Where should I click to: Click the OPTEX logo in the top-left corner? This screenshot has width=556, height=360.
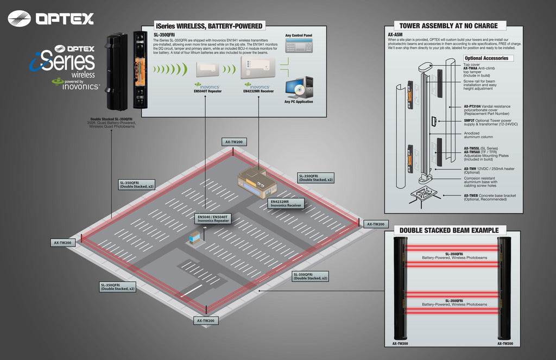click(50, 19)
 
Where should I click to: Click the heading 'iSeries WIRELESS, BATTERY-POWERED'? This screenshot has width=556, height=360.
click(209, 26)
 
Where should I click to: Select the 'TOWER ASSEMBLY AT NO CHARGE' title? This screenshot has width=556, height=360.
click(448, 26)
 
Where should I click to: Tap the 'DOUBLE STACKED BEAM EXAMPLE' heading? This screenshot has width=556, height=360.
click(448, 230)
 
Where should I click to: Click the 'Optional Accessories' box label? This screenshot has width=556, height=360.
click(486, 58)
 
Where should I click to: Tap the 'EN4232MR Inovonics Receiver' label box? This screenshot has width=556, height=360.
click(287, 204)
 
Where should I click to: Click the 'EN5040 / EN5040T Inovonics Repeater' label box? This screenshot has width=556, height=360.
click(214, 218)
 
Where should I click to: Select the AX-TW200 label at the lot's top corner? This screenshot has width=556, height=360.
click(233, 142)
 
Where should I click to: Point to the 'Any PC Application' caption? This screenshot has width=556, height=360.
click(299, 102)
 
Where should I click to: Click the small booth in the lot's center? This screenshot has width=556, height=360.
click(195, 237)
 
